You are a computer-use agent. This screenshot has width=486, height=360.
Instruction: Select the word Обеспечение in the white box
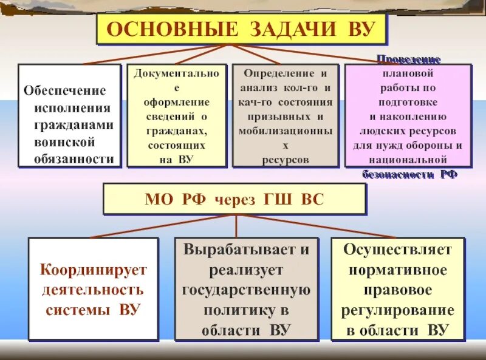click(x=64, y=90)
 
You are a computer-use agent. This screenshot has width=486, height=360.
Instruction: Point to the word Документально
click(x=176, y=73)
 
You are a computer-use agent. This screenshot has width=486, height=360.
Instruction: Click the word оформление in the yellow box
click(x=176, y=102)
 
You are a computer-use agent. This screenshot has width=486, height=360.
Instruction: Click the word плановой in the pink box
click(x=408, y=73)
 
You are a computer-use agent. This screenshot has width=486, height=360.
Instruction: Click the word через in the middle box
click(x=234, y=200)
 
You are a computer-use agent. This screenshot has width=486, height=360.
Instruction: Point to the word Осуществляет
click(x=398, y=250)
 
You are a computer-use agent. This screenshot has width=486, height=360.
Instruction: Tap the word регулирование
click(x=398, y=310)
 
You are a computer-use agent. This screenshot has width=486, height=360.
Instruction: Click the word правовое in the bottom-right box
click(x=398, y=290)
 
